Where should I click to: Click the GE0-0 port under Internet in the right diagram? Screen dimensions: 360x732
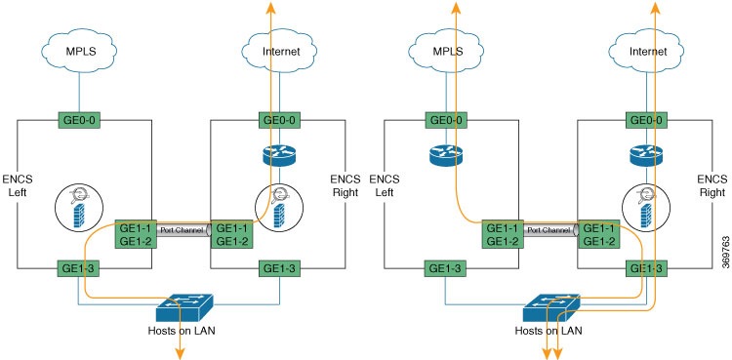tap(647, 120)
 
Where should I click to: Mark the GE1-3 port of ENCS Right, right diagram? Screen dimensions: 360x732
tap(647, 268)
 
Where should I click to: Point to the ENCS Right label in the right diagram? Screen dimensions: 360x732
tap(711, 185)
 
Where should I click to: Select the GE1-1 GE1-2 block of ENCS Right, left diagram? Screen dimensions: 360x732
tap(232, 233)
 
